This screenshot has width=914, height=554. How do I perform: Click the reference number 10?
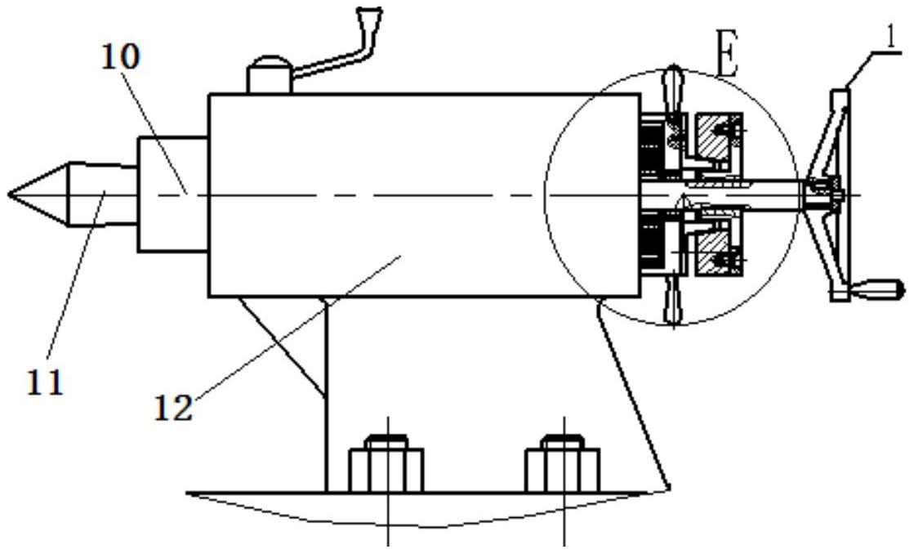click(x=121, y=58)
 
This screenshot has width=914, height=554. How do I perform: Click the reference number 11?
click(x=46, y=383)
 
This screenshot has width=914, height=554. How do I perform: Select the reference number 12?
click(x=173, y=408)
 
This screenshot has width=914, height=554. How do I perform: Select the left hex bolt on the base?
click(x=386, y=463)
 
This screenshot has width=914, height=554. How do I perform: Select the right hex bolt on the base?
click(x=563, y=463)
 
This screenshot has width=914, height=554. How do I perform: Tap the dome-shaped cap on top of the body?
click(x=269, y=74)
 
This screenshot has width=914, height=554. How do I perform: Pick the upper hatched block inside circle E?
click(x=715, y=136)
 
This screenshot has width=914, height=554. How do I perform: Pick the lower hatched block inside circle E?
click(x=715, y=253)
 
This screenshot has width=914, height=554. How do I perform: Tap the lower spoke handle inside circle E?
click(x=675, y=300)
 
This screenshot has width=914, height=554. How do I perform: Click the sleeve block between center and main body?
click(x=173, y=194)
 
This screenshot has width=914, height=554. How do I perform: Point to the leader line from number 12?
click(x=297, y=327)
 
